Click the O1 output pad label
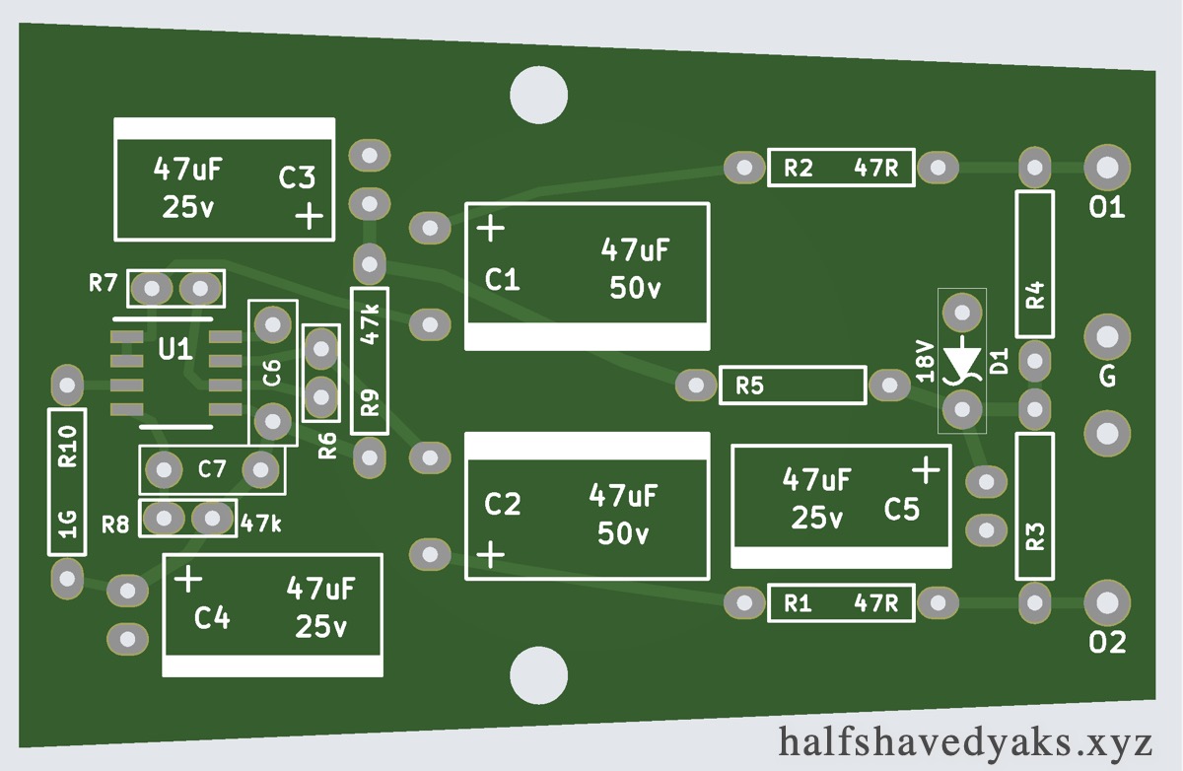pyautogui.click(x=1107, y=208)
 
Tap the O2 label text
pyautogui.click(x=1107, y=643)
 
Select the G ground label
pyautogui.click(x=1107, y=378)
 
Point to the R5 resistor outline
pyautogui.click(x=793, y=385)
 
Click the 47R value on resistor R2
pyautogui.click(x=876, y=168)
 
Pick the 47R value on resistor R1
pyautogui.click(x=876, y=602)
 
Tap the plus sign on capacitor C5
pyautogui.click(x=926, y=470)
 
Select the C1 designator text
pyautogui.click(x=503, y=280)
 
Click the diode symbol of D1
pyautogui.click(x=961, y=360)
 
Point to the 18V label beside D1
pyautogui.click(x=924, y=361)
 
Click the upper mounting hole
pyautogui.click(x=538, y=94)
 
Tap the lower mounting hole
pyautogui.click(x=538, y=674)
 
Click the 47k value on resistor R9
pyautogui.click(x=370, y=323)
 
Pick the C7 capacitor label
pyautogui.click(x=212, y=469)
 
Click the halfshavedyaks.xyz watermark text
pyautogui.click(x=965, y=740)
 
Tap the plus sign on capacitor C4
pyautogui.click(x=188, y=579)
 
